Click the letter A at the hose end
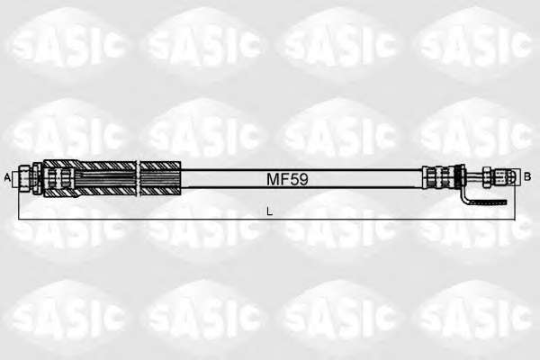tap(7, 178)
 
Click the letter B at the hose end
tap(526, 177)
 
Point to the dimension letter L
tap(270, 211)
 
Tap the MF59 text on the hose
tap(287, 179)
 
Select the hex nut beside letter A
tap(25, 178)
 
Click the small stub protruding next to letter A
tap(15, 178)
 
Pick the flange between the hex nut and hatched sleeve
tap(37, 178)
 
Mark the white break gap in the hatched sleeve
tap(138, 178)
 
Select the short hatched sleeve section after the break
tap(160, 178)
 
